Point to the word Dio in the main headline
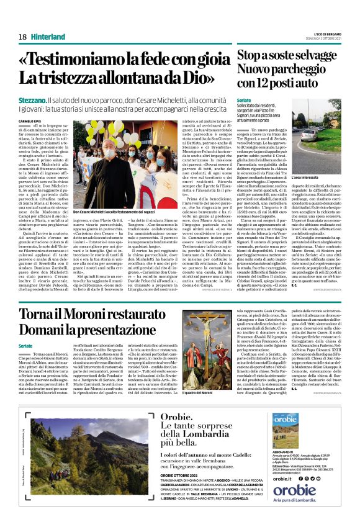pos(199,79)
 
